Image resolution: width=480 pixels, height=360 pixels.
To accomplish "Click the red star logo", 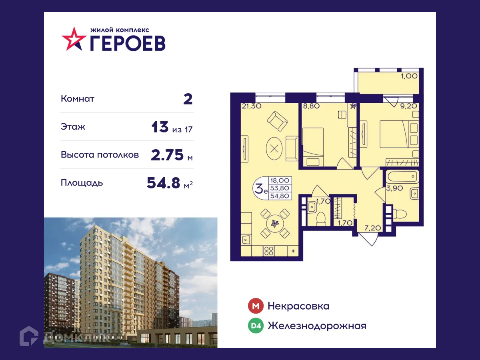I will click(74, 39).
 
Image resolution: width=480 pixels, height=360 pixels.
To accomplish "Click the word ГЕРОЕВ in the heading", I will click(127, 43).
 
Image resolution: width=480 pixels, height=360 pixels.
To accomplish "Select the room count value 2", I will click(188, 99).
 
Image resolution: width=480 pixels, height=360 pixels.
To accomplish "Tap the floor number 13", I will click(160, 127).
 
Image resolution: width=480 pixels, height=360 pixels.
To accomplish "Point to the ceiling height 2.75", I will click(167, 155).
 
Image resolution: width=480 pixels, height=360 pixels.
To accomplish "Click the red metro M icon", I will click(256, 306).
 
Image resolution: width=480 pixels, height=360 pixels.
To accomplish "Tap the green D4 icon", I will click(256, 326).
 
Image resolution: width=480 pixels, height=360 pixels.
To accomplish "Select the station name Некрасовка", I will click(298, 306).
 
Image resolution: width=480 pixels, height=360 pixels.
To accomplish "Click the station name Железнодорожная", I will click(317, 326).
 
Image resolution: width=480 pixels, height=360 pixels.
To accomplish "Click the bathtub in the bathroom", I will click(402, 177).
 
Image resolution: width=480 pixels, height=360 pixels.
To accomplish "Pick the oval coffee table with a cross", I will click(274, 148).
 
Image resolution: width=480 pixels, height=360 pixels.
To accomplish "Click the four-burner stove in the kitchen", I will click(269, 251).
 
